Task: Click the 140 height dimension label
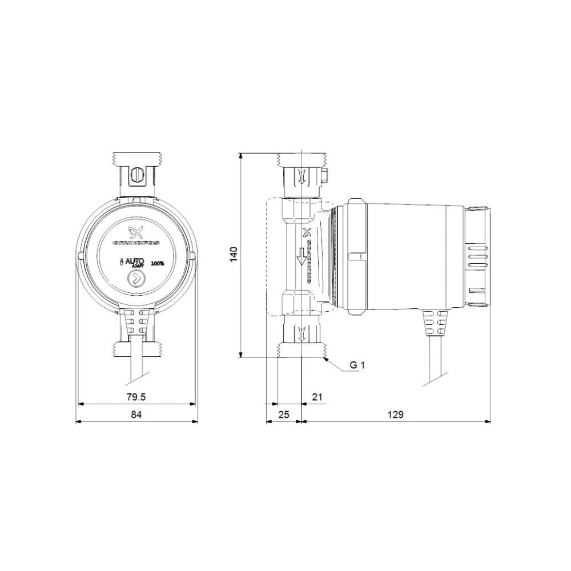tap(234, 255)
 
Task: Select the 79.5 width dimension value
tap(136, 397)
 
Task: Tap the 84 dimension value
tap(136, 415)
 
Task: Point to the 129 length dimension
tap(396, 415)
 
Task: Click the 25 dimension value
tap(283, 415)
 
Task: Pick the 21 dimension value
tap(318, 397)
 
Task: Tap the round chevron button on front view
tap(136, 280)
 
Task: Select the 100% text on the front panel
tap(158, 264)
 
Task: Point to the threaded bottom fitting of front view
tap(137, 348)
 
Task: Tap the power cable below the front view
tap(138, 365)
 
